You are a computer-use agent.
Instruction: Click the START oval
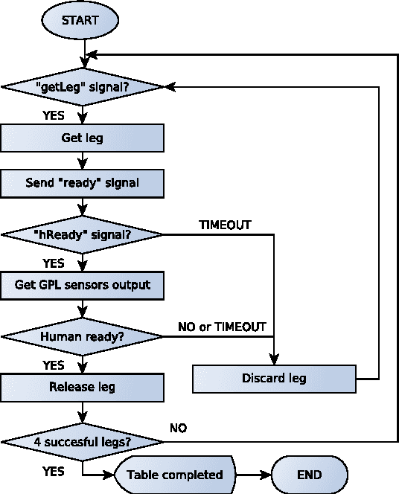pyautogui.click(x=81, y=21)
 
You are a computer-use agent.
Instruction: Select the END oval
pyautogui.click(x=309, y=474)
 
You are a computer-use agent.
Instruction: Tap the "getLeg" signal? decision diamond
pyautogui.click(x=82, y=86)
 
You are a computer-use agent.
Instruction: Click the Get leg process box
pyautogui.click(x=82, y=138)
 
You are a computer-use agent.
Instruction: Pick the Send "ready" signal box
pyautogui.click(x=82, y=182)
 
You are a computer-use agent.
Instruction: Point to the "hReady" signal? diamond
pyautogui.click(x=82, y=234)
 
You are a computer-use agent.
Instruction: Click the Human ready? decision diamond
pyautogui.click(x=82, y=336)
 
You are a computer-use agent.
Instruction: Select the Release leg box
pyautogui.click(x=82, y=387)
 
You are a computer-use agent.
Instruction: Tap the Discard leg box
pyautogui.click(x=274, y=378)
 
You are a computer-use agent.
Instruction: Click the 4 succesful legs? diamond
pyautogui.click(x=82, y=442)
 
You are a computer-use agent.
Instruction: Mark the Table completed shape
pyautogui.click(x=175, y=474)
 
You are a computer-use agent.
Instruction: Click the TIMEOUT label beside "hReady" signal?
pyautogui.click(x=225, y=224)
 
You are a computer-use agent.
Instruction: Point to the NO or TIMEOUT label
pyautogui.click(x=221, y=327)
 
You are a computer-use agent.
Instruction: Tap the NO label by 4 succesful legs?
pyautogui.click(x=178, y=429)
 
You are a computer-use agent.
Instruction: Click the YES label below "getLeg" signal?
pyautogui.click(x=53, y=115)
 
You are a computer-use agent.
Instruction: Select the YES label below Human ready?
pyautogui.click(x=53, y=365)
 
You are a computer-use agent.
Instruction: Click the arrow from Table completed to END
pyautogui.click(x=252, y=474)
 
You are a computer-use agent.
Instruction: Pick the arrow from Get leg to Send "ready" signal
pyautogui.click(x=82, y=160)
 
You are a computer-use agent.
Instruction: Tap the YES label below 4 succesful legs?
pyautogui.click(x=53, y=471)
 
